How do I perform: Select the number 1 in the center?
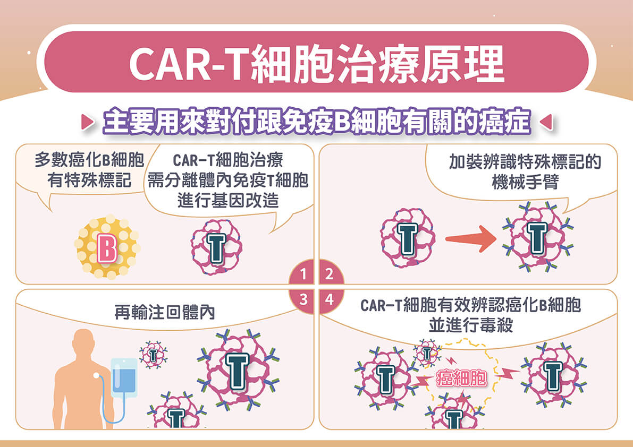[x=303, y=275]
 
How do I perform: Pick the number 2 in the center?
[x=330, y=275]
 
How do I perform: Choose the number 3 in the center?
[x=303, y=299]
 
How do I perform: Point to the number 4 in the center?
[x=330, y=299]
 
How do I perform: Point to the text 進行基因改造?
[x=229, y=202]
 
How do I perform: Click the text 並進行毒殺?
[x=470, y=325]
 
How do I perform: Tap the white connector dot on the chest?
[x=97, y=375]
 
